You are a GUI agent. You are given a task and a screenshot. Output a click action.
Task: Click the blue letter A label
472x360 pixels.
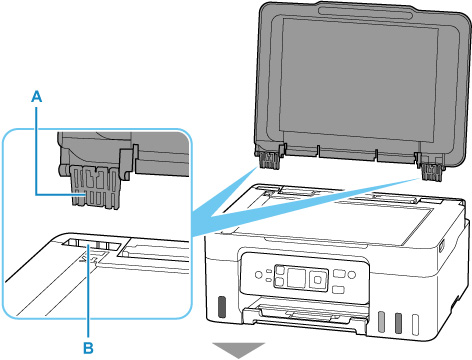pyautogui.click(x=37, y=97)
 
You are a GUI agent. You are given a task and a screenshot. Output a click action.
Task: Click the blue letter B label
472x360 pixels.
pyautogui.click(x=88, y=348)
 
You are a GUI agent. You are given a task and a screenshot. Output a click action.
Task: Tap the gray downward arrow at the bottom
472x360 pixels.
pyautogui.click(x=238, y=350)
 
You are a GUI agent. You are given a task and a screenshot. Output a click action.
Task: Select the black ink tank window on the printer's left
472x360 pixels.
pyautogui.click(x=221, y=307)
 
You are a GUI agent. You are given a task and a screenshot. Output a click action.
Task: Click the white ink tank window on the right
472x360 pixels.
pyautogui.click(x=415, y=324)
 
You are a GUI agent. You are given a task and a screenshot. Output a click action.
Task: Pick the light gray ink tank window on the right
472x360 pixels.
pyautogui.click(x=382, y=322)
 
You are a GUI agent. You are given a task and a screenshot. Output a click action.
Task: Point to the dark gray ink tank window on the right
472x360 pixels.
pyautogui.click(x=398, y=323)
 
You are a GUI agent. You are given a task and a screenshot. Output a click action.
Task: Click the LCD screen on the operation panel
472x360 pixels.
pyautogui.click(x=296, y=277)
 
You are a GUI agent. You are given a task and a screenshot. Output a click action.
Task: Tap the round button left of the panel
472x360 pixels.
pyautogui.click(x=258, y=275)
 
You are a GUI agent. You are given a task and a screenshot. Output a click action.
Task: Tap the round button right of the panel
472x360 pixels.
pyautogui.click(x=351, y=275)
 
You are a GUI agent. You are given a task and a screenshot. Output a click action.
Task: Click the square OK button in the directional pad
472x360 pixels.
pyautogui.click(x=318, y=279)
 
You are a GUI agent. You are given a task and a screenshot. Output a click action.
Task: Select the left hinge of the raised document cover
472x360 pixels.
pyautogui.click(x=268, y=159)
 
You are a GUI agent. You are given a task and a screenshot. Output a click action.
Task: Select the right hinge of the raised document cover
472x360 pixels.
pyautogui.click(x=431, y=170)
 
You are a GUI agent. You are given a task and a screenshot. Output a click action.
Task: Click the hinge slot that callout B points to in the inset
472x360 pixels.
pyautogui.click(x=91, y=245)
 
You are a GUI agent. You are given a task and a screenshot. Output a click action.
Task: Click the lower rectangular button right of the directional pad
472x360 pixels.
pyautogui.click(x=338, y=289)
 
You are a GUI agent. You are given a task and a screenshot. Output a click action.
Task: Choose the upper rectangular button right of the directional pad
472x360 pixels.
pyautogui.click(x=339, y=274)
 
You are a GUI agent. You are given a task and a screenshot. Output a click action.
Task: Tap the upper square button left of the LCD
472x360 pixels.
pyautogui.click(x=279, y=269)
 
